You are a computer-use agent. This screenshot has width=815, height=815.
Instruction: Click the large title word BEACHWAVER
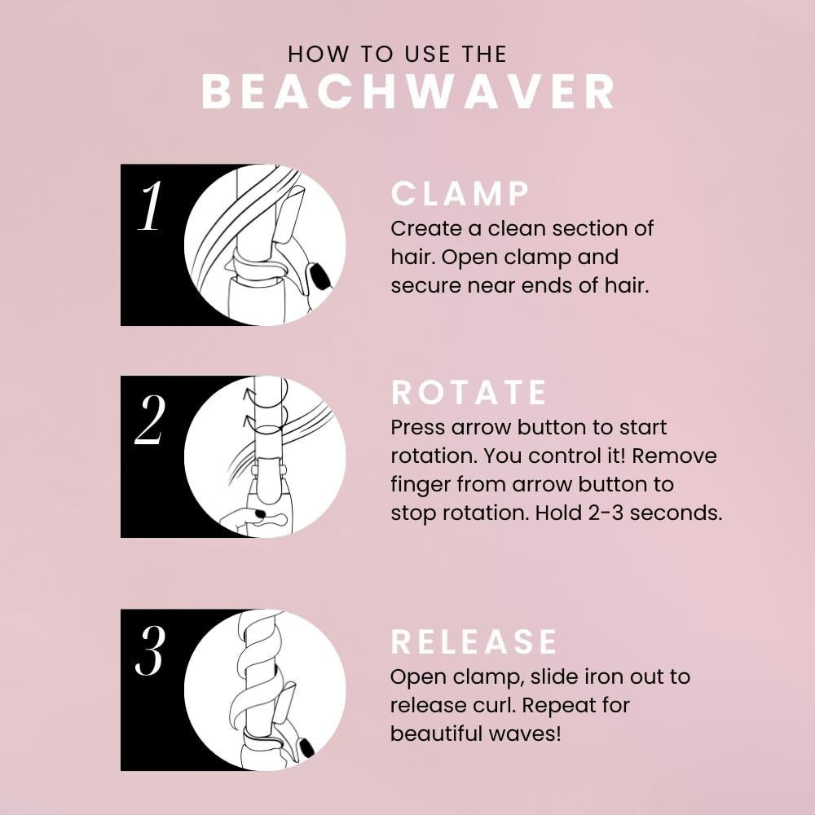tap(407, 93)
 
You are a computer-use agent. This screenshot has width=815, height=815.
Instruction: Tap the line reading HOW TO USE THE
tap(398, 55)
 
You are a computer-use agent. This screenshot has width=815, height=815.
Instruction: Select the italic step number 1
tap(150, 207)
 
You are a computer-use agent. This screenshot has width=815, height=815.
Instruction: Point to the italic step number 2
tap(150, 421)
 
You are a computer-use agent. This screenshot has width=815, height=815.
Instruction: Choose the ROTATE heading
tap(469, 393)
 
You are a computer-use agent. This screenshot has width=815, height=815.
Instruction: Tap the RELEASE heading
tap(474, 641)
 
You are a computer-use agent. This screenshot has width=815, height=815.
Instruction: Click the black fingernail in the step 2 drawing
tap(259, 513)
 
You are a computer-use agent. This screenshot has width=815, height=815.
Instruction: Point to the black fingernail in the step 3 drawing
tap(308, 747)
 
